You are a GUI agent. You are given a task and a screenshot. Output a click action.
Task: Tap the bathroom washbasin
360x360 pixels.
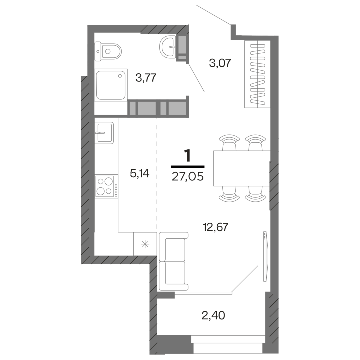click(169, 48)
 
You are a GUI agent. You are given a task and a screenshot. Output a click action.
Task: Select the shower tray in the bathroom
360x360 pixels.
click(111, 85)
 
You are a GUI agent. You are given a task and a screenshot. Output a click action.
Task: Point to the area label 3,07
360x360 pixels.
click(220, 63)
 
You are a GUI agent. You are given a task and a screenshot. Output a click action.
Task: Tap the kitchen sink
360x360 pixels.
click(105, 132)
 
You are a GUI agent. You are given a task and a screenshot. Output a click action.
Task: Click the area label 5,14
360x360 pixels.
click(140, 174)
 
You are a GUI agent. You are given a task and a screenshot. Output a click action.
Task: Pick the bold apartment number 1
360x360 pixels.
click(188, 156)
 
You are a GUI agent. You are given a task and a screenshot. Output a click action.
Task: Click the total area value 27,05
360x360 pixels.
click(188, 176)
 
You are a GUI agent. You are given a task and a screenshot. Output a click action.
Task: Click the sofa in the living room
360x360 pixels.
click(173, 261)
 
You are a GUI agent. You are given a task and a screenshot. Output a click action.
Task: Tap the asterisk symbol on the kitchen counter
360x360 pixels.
click(145, 244)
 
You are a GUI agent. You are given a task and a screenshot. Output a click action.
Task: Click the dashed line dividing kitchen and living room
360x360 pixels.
click(157, 175)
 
